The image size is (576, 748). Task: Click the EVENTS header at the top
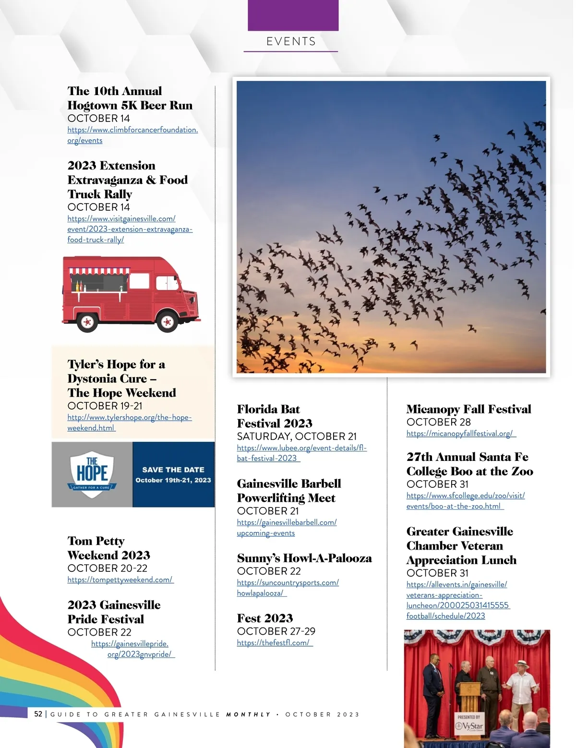coord(291,42)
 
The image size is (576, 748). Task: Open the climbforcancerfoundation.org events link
coord(132,135)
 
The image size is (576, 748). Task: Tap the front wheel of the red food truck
coord(167,322)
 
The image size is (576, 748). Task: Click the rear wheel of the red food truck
coord(87,322)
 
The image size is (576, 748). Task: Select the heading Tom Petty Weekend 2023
coord(109,548)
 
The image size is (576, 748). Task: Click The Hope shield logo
coord(92,474)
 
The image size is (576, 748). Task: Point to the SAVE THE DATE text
coord(173,470)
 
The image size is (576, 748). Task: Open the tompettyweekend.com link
coord(120,579)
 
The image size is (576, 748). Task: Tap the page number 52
coord(38,714)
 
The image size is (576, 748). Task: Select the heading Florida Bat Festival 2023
coord(275,416)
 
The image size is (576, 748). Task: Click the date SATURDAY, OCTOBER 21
coord(297,436)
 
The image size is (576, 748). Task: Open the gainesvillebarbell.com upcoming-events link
coord(287,528)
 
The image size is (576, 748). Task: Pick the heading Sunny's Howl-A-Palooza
coord(304,558)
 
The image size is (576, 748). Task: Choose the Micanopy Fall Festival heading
coord(468,409)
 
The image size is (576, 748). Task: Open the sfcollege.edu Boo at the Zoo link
coord(465,501)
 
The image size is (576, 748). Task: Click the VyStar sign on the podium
coord(470,725)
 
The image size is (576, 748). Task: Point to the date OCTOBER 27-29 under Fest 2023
coord(276,631)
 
